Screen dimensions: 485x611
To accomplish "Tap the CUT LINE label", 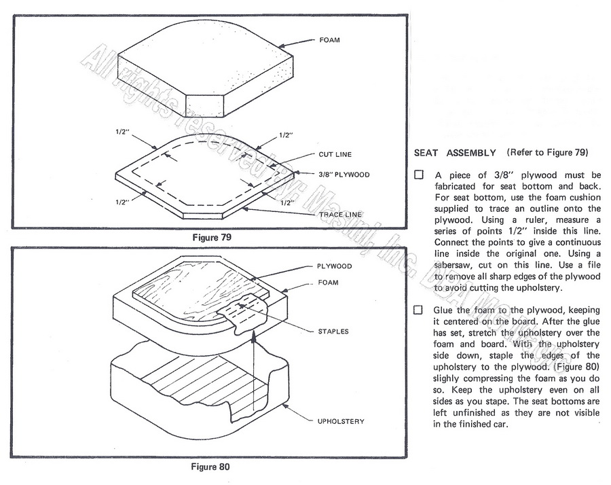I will pos(334,154).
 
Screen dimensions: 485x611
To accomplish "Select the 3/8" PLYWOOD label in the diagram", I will pos(344,175).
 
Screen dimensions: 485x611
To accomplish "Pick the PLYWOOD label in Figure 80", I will pos(333,266).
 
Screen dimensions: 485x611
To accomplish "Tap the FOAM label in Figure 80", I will pos(328,282).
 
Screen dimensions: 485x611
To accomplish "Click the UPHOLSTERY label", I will pos(341,421).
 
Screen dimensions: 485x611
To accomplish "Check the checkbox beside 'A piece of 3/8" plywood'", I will pos(419,175).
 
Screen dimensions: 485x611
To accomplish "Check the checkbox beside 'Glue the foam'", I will pos(419,310).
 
